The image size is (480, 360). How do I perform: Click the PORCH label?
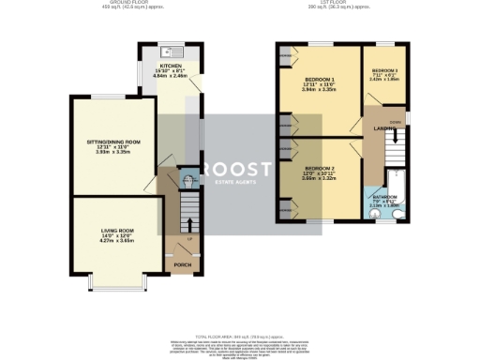pyautogui.click(x=182, y=265)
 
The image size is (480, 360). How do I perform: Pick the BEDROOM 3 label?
pyautogui.click(x=384, y=71)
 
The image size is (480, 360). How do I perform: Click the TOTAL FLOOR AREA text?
pyautogui.click(x=239, y=336)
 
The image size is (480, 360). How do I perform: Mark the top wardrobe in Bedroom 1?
pyautogui.click(x=284, y=55)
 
